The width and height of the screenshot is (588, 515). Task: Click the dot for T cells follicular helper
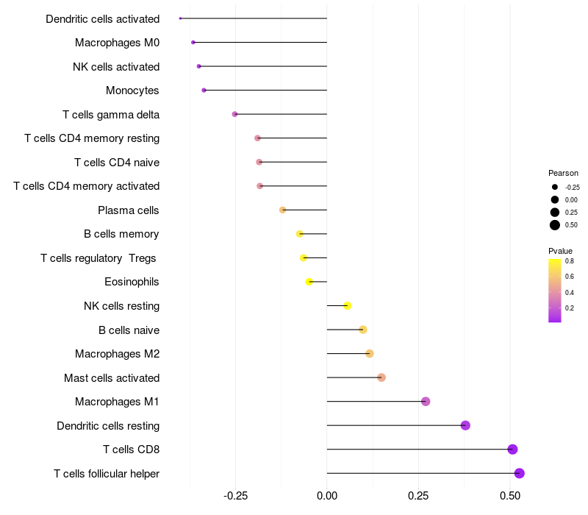pyautogui.click(x=520, y=473)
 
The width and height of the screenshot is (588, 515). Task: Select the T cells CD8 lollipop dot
pyautogui.click(x=513, y=450)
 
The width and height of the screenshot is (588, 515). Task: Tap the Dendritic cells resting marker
pyautogui.click(x=465, y=425)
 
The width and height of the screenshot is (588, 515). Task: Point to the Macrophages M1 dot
pyautogui.click(x=426, y=402)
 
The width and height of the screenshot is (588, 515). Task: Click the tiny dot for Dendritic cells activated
pyautogui.click(x=180, y=18)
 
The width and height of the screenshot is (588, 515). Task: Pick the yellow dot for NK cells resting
pyautogui.click(x=348, y=306)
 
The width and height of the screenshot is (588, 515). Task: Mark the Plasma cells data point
pyautogui.click(x=283, y=210)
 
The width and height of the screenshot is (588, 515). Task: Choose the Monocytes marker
pyautogui.click(x=204, y=90)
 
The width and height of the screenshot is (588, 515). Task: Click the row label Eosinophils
pyautogui.click(x=132, y=282)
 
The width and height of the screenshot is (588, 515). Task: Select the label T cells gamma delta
pyautogui.click(x=111, y=115)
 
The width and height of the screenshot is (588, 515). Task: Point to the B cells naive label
pyautogui.click(x=129, y=330)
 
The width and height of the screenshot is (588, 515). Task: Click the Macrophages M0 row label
pyautogui.click(x=117, y=43)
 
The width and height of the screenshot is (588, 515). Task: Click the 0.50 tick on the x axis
pyautogui.click(x=510, y=496)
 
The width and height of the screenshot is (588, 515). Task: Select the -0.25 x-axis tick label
pyautogui.click(x=234, y=496)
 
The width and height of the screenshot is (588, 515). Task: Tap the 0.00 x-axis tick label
pyautogui.click(x=327, y=496)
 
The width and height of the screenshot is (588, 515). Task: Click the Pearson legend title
pyautogui.click(x=563, y=173)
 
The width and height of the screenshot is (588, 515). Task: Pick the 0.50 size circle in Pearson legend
pyautogui.click(x=555, y=225)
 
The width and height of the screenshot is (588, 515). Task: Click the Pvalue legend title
pyautogui.click(x=561, y=251)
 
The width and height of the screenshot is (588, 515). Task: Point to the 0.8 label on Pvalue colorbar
pyautogui.click(x=570, y=260)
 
